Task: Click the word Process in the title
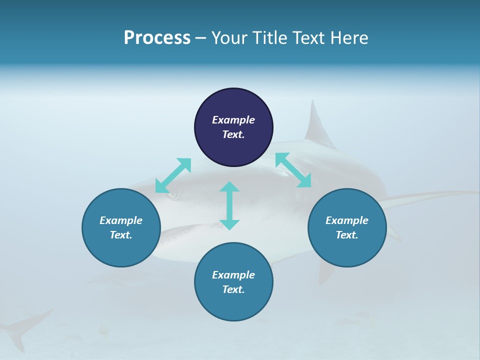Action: pos(157,38)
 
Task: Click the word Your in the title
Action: pos(229,38)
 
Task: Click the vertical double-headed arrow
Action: pos(229,205)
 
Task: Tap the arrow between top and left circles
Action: pos(173,175)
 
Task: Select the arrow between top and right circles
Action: pos(293,170)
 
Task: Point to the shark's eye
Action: pos(173,195)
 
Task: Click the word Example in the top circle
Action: pos(233,120)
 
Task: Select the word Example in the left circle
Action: pos(121,220)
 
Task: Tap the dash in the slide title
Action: pos(200,38)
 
